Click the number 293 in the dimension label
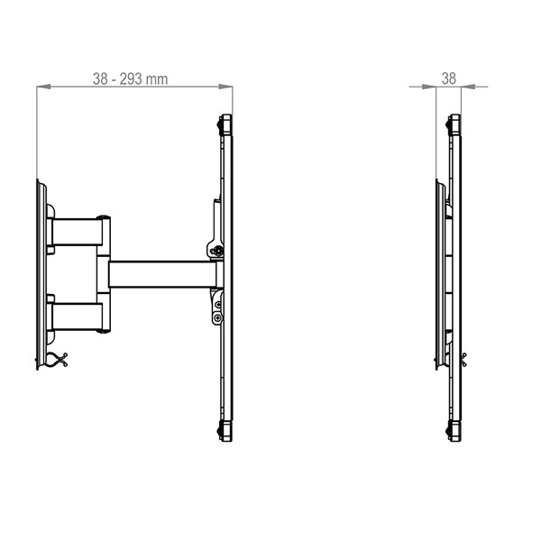131,79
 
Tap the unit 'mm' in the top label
157,79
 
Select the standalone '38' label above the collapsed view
449,78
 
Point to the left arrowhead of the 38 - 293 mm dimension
43,87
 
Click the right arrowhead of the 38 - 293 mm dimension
225,87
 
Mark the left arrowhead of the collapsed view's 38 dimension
429,87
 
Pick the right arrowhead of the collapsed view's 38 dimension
468,87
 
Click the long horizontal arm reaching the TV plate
162,275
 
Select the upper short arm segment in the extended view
77,232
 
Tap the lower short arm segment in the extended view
77,316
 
